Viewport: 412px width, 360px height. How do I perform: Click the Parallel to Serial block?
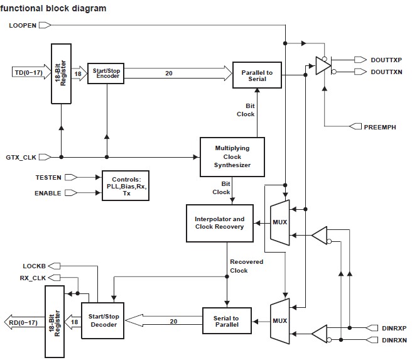(257, 75)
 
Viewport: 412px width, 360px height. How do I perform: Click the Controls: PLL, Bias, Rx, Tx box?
(126, 185)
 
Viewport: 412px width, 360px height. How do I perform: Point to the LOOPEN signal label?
(23, 25)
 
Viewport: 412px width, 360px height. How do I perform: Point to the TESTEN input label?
(48, 178)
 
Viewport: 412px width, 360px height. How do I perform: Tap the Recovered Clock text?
(246, 266)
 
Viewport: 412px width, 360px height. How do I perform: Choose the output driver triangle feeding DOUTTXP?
(323, 66)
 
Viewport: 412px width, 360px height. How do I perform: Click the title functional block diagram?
(53, 9)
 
